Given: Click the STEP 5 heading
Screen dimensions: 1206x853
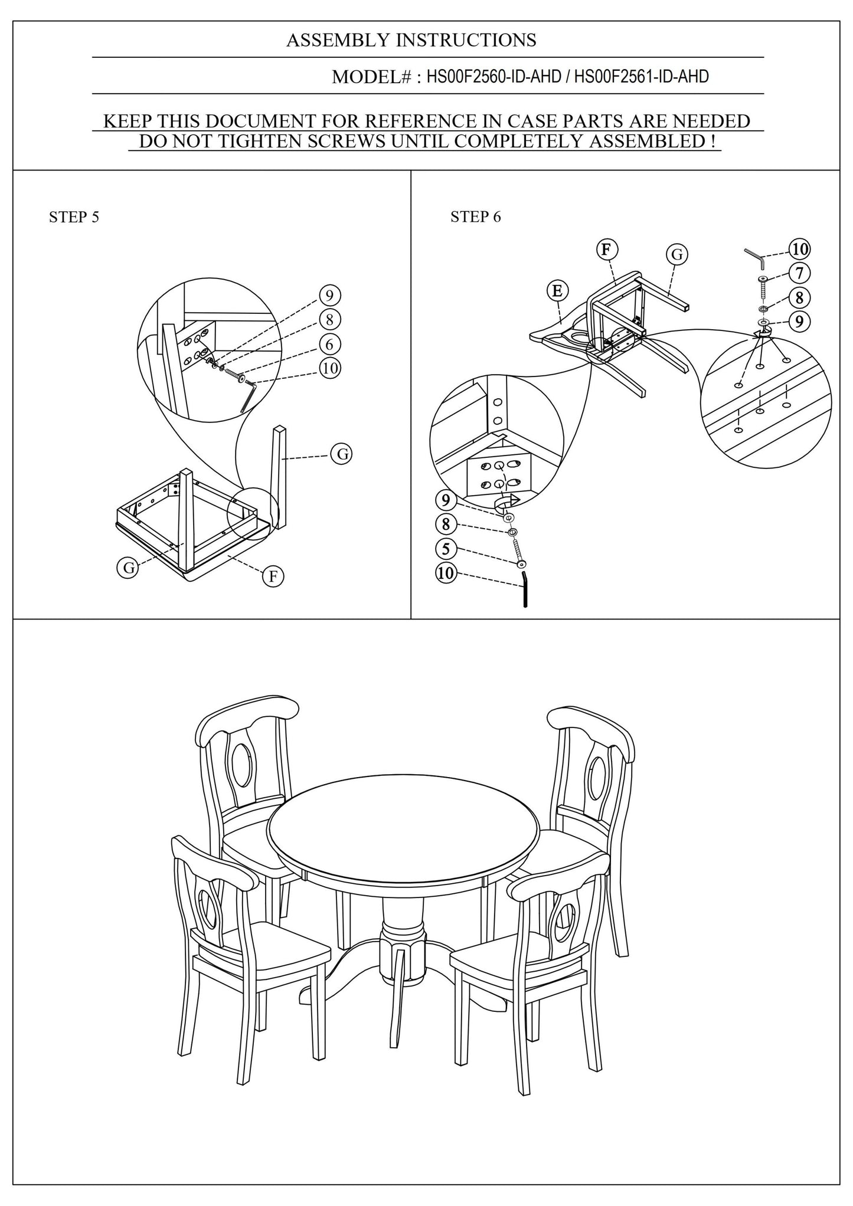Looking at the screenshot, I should pos(74,217).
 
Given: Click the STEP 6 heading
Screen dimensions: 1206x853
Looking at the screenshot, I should pos(475,217).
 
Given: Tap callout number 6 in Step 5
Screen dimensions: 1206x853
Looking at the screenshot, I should pos(330,343).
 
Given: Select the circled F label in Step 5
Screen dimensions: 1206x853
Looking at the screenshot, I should pos(273,576).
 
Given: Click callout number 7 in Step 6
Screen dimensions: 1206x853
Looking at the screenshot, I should pos(799,273).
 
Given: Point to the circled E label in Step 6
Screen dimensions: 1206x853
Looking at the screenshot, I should pos(557,290).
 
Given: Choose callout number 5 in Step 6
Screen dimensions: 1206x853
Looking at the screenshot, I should pos(446,549).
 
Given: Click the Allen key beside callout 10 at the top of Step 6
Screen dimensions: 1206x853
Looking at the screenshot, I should pos(754,255).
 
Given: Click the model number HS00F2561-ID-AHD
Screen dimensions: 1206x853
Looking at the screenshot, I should pos(641,77).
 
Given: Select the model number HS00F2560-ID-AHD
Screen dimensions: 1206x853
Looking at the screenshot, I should pos(494,77).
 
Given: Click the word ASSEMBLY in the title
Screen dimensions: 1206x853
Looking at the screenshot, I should pos(338,40).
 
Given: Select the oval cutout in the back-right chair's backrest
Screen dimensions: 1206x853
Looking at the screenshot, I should pos(597,775).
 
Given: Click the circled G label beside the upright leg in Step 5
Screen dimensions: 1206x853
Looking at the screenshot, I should pos(341,454).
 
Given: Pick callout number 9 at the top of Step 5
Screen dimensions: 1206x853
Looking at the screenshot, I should pos(330,295).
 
